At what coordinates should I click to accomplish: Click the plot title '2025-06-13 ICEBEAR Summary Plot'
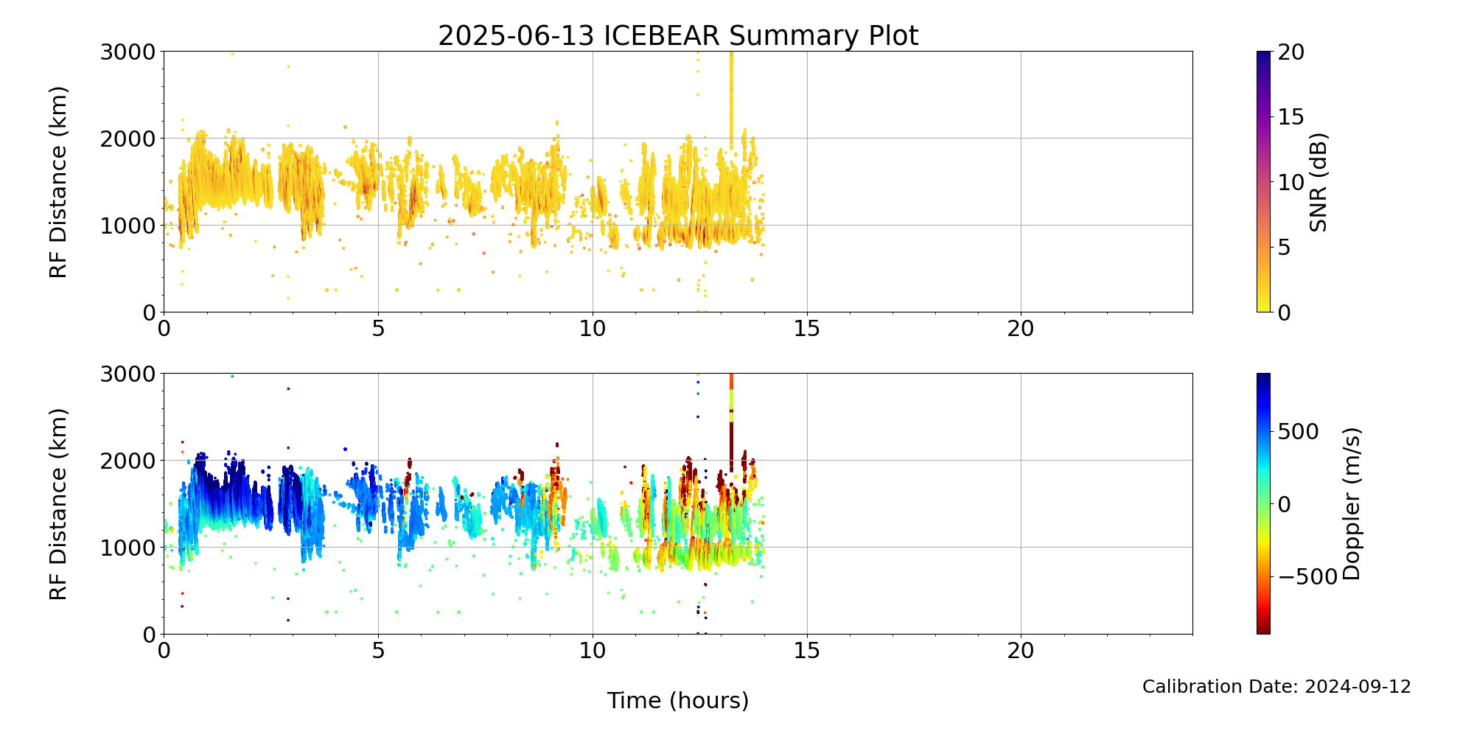tap(678, 35)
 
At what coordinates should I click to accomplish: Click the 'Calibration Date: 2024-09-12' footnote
tap(1276, 687)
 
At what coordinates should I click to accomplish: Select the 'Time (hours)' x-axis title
tap(678, 700)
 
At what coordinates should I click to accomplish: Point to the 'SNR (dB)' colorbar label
tap(1318, 182)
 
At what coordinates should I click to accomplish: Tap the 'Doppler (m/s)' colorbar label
tap(1352, 504)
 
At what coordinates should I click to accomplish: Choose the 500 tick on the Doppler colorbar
tap(1298, 432)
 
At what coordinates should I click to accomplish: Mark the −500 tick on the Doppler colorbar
tap(1307, 576)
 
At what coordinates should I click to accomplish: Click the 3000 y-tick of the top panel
tap(130, 52)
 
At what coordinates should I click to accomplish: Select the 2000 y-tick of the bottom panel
tap(130, 461)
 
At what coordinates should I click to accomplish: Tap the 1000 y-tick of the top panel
tap(130, 226)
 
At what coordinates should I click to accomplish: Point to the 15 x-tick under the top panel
tap(807, 328)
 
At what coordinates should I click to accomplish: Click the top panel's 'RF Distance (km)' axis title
tap(58, 182)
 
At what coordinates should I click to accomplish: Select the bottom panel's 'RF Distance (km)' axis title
tap(58, 504)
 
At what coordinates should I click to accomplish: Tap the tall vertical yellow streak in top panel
tap(731, 96)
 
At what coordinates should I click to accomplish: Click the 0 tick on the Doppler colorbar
tap(1285, 504)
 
